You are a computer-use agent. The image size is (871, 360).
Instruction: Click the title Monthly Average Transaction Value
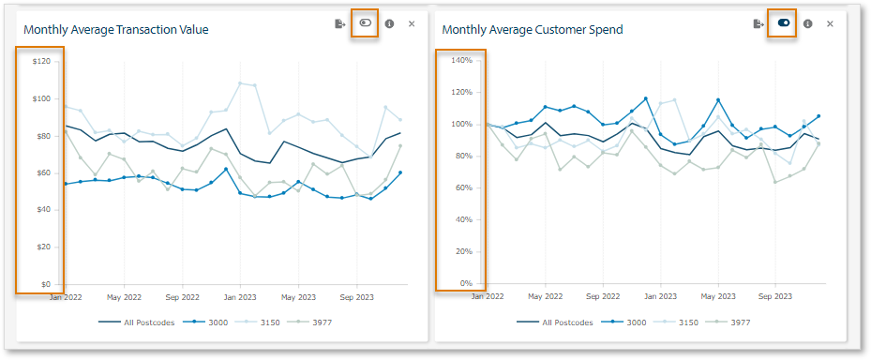[115, 30]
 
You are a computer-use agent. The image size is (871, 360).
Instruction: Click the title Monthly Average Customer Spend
[533, 30]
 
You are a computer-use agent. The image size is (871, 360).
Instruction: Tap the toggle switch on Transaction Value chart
[365, 23]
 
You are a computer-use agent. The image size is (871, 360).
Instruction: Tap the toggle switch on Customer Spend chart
[783, 23]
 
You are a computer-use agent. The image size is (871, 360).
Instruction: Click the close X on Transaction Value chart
[412, 23]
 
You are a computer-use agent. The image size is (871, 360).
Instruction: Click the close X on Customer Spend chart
[830, 23]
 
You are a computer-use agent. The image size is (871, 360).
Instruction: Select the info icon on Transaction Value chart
[389, 23]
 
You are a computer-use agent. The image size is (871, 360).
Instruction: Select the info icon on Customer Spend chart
[807, 23]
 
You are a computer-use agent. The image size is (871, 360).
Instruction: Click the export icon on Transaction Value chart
[340, 23]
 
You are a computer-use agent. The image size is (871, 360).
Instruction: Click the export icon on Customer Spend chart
[758, 23]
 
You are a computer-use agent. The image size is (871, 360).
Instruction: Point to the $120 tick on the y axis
[40, 61]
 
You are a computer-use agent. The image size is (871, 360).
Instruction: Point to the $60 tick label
[42, 172]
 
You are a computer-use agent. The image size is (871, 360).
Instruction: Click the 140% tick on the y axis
[459, 61]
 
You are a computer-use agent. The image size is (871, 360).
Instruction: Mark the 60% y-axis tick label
[461, 187]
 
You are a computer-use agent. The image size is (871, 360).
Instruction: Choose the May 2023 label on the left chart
[299, 296]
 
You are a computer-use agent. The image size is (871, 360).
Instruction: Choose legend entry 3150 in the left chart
[266, 322]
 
